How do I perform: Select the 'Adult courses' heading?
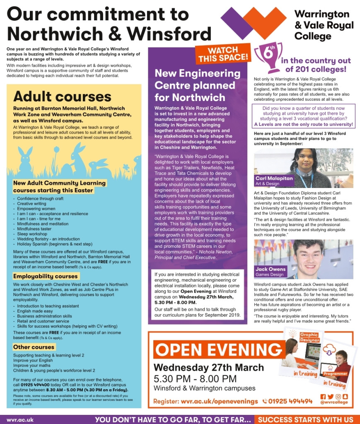tap(62, 96)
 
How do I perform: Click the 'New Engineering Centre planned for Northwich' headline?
tap(197, 85)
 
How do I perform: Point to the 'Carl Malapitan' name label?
tap(274, 178)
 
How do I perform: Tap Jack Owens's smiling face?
tap(309, 254)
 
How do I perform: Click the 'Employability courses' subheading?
tap(46, 276)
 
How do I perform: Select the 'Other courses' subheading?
tap(34, 347)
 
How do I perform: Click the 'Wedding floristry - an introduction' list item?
tap(48, 239)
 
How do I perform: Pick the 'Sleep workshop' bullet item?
tap(32, 234)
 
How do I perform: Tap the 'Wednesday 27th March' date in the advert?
tap(208, 368)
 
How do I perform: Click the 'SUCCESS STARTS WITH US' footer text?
tap(306, 419)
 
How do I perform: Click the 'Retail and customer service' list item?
tap(43, 321)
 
